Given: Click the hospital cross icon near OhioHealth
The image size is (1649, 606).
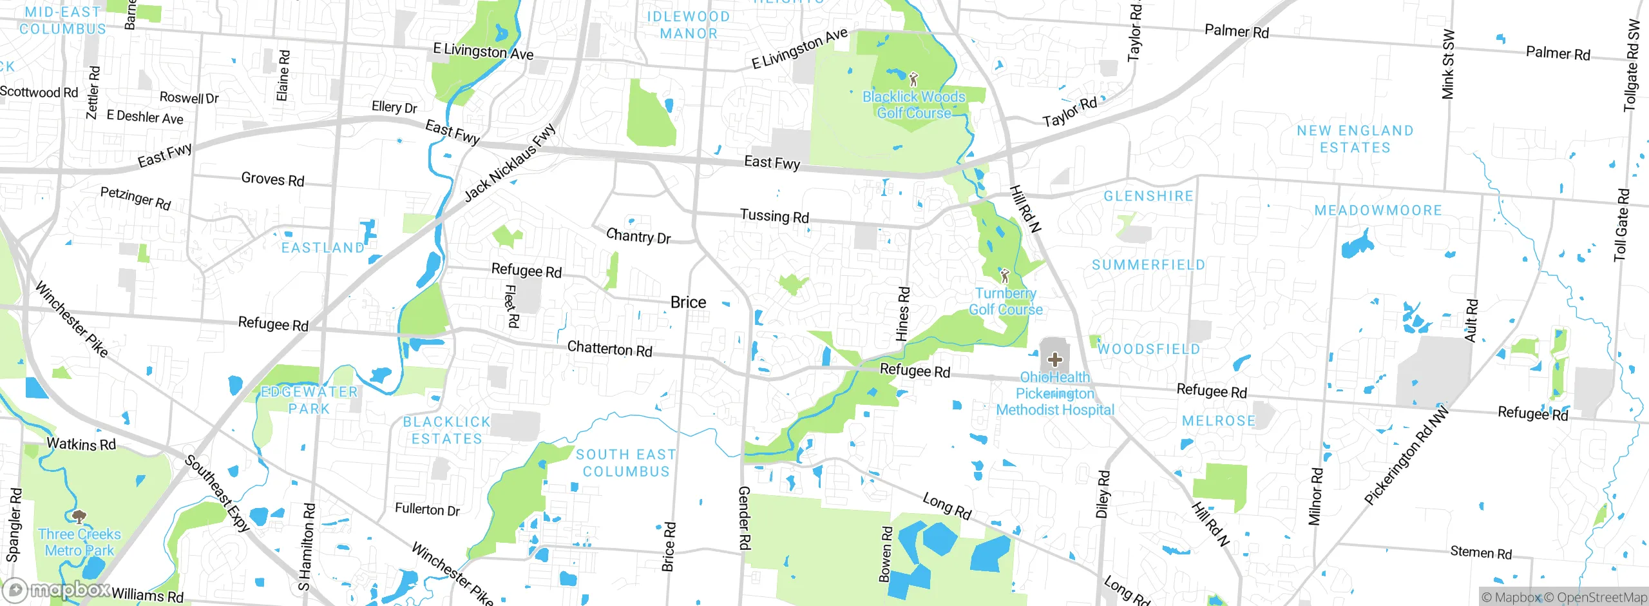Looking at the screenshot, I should (1054, 359).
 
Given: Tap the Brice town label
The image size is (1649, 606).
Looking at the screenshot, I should (688, 302).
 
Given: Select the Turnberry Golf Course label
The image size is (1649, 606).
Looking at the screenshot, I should (1006, 301).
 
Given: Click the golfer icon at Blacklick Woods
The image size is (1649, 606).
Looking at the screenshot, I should (913, 80).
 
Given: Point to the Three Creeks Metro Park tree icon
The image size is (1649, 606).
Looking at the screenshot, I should (79, 516).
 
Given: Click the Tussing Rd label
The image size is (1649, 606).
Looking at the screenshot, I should (774, 216).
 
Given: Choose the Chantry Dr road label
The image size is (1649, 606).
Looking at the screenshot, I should (638, 237).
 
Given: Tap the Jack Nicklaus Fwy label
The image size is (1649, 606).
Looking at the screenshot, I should (510, 163).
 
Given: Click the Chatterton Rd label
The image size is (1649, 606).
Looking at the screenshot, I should (609, 349).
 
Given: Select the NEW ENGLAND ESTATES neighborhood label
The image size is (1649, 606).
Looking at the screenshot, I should (1355, 139).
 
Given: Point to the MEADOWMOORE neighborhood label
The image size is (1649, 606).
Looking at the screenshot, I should (1378, 211).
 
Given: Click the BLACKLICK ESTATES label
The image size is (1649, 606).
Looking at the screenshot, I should (446, 430).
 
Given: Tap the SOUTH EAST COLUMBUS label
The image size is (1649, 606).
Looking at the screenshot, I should (626, 463).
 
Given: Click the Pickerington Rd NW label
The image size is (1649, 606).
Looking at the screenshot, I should (1406, 455).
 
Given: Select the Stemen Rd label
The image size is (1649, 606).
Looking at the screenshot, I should (1480, 552).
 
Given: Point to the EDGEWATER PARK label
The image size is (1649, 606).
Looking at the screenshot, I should (309, 400).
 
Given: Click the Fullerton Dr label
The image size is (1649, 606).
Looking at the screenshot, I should (427, 510).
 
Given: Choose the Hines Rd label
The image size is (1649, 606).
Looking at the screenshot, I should (903, 314).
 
